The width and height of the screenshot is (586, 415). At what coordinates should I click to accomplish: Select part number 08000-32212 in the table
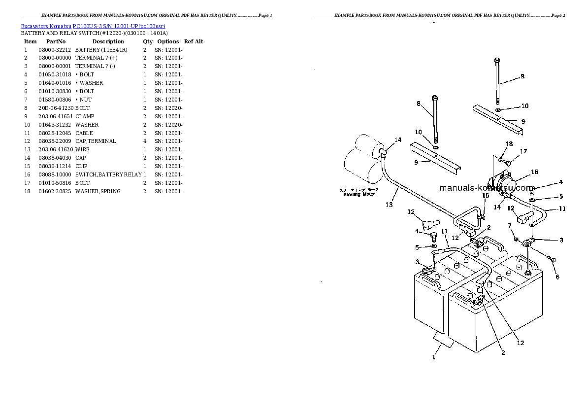[x=55, y=50]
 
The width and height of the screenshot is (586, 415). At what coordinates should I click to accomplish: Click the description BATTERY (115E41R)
[x=101, y=50]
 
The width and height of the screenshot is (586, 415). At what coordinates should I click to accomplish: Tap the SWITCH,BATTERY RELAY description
[x=108, y=174]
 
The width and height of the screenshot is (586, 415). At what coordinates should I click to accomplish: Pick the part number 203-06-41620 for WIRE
[x=55, y=149]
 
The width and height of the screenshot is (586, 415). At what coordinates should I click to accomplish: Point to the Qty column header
[x=148, y=41]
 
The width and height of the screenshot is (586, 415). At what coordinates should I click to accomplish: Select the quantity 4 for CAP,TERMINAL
[x=145, y=141]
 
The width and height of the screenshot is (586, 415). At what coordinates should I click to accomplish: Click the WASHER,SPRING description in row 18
[x=98, y=191]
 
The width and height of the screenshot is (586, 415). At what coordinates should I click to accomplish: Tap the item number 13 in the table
[x=28, y=149]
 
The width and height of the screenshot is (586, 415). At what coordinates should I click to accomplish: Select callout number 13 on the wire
[x=389, y=204]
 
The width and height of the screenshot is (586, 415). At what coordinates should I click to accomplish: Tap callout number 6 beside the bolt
[x=557, y=277]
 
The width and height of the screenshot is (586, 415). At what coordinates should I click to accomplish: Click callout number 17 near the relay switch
[x=523, y=151]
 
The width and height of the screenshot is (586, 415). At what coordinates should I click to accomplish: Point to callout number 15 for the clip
[x=485, y=196]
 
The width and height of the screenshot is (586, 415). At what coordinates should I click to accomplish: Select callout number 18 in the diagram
[x=509, y=143]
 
